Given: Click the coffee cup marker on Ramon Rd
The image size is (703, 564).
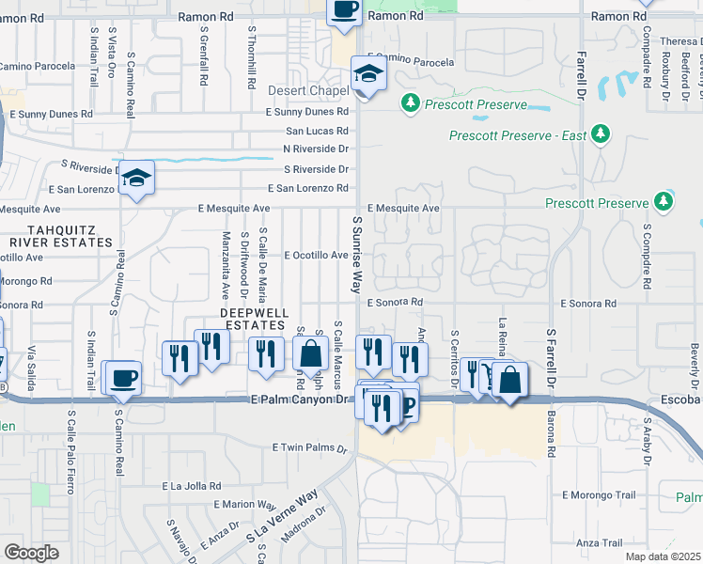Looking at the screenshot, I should [344, 9].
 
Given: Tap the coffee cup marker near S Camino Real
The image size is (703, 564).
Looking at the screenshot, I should [122, 378].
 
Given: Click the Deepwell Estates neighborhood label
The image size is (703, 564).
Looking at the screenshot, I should [252, 318].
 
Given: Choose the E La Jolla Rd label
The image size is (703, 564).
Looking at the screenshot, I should [192, 486].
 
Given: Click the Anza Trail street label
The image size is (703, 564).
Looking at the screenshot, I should [600, 543].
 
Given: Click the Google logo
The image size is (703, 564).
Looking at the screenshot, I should [31, 553].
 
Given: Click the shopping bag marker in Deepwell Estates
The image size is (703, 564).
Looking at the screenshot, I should [310, 354].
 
